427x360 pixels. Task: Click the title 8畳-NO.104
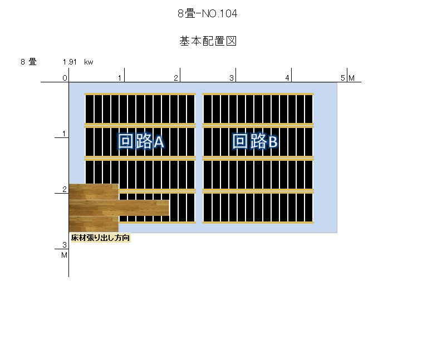(x=207, y=13)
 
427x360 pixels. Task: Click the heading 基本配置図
(x=208, y=41)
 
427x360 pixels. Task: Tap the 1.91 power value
(x=70, y=62)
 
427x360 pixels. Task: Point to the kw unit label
(x=89, y=62)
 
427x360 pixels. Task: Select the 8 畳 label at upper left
(x=28, y=62)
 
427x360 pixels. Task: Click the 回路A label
(x=141, y=141)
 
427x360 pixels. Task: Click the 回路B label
(x=255, y=141)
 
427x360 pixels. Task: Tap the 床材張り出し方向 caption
(x=100, y=238)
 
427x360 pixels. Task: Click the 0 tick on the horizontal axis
(x=65, y=78)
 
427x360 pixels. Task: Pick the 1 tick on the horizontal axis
(x=120, y=78)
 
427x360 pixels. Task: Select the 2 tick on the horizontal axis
(x=176, y=78)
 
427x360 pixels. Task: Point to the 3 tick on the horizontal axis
(x=232, y=78)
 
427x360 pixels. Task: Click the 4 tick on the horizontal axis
(x=287, y=78)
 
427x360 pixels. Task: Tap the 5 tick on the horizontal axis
(x=343, y=78)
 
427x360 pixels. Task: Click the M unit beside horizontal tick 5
(x=352, y=78)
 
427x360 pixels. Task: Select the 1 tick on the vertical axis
(x=64, y=134)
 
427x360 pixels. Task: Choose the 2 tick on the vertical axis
(x=65, y=189)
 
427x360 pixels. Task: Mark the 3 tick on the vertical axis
(x=65, y=245)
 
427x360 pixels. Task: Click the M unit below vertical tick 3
(x=64, y=255)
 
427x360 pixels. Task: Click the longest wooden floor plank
(x=119, y=208)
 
